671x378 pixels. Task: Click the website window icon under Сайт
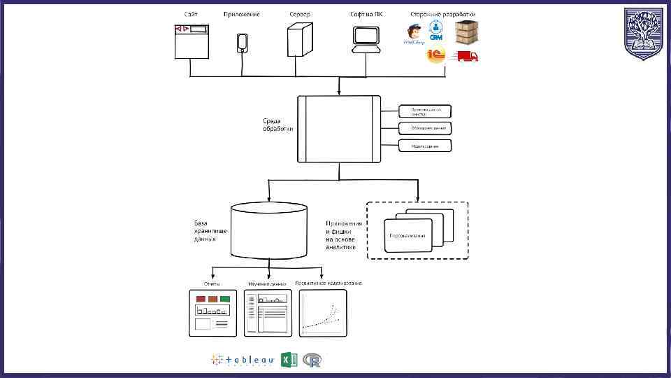(x=192, y=41)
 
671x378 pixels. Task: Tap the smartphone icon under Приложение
(x=242, y=42)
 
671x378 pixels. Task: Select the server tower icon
(x=300, y=39)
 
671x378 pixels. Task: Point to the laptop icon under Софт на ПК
(x=366, y=40)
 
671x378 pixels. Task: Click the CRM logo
(x=437, y=31)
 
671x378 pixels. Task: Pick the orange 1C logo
(x=436, y=55)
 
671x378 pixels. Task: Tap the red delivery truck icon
(x=467, y=56)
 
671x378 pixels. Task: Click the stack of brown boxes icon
(x=467, y=32)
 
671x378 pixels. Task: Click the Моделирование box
(x=425, y=146)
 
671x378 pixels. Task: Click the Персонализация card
(x=408, y=235)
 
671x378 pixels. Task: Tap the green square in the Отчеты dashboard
(x=224, y=299)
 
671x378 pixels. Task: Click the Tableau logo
(x=242, y=360)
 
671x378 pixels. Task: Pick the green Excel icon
(x=289, y=360)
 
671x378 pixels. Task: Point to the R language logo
(x=312, y=360)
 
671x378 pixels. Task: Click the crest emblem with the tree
(x=644, y=34)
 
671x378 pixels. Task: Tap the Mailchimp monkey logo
(x=415, y=34)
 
